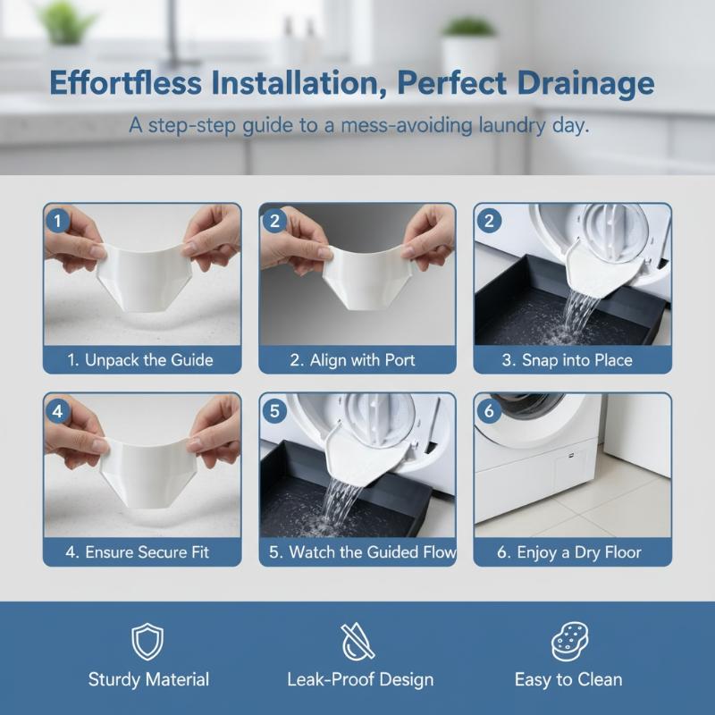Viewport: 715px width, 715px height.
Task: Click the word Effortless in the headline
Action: coord(125,83)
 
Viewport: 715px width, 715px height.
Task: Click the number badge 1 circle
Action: coord(57,221)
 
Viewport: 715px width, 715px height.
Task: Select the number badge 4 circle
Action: coord(57,411)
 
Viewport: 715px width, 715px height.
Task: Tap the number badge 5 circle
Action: coord(274,411)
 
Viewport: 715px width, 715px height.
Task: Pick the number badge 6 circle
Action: coord(489,411)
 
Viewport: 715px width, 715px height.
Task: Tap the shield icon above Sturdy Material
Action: coord(147,642)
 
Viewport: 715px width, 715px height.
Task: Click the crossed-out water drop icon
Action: coord(358,641)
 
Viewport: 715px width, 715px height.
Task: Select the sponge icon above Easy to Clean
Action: coord(569,641)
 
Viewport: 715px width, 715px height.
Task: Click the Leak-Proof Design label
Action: coord(360,679)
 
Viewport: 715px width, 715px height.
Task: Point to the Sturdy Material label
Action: coord(148,680)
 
